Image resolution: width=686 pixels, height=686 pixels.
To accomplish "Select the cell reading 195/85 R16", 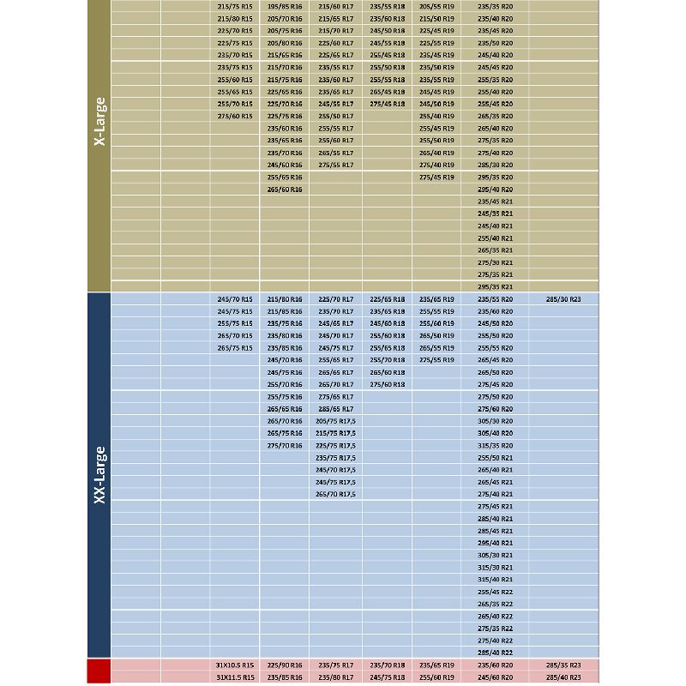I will (285, 6).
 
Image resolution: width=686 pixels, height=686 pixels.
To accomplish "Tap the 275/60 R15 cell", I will (235, 116).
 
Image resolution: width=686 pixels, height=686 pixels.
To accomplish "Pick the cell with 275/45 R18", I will (388, 104).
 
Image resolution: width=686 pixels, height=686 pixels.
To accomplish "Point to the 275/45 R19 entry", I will (437, 177).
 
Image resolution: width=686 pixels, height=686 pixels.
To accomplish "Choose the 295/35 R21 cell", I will (495, 286).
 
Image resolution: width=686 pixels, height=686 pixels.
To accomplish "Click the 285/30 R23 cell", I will (563, 299).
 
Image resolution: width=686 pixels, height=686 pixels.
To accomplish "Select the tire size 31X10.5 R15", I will (235, 665).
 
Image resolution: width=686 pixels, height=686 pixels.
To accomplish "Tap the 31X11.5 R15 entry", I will (235, 677).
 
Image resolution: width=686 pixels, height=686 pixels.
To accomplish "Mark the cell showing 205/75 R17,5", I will (335, 421).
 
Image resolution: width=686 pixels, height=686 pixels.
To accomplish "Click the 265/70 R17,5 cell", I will (335, 494).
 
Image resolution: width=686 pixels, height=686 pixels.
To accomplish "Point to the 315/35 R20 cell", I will (495, 445).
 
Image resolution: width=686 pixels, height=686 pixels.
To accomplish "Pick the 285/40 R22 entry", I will (495, 653).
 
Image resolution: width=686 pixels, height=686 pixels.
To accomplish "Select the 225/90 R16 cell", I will (285, 665).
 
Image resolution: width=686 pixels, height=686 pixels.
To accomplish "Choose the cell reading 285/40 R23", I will (563, 677).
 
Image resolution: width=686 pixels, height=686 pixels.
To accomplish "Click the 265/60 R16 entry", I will (285, 189).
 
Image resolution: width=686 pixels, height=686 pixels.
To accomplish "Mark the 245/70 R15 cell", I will (235, 299).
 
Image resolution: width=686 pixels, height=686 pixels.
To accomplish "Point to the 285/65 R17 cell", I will (335, 409).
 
